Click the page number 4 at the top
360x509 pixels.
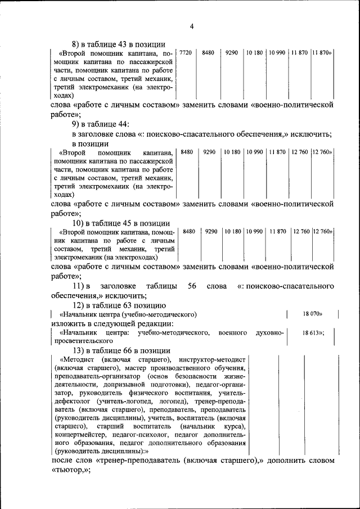(191, 26)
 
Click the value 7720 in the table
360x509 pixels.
(186, 52)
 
